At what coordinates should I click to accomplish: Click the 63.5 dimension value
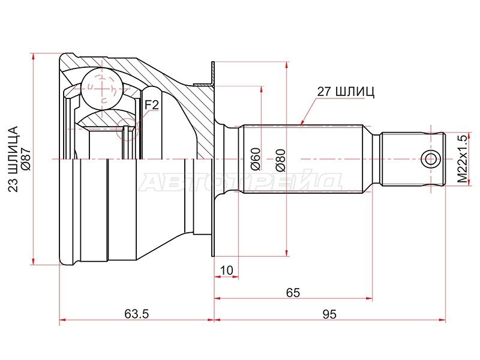point(137,314)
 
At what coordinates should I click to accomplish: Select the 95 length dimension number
point(329,314)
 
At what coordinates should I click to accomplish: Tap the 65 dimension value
point(293,293)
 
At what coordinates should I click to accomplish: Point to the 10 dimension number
point(227,271)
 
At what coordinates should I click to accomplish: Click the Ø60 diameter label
point(256,159)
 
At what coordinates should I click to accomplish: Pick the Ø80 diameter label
point(280,160)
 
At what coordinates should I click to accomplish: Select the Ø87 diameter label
point(25,159)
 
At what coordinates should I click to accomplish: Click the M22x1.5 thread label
point(463,158)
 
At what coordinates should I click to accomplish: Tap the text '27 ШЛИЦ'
point(346,92)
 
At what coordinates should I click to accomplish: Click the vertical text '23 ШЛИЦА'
point(13,159)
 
